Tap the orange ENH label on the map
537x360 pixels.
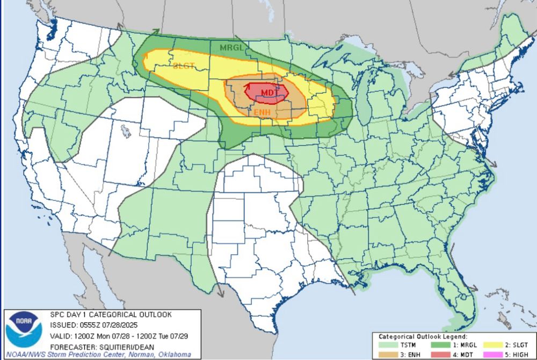pyautogui.click(x=262, y=112)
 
